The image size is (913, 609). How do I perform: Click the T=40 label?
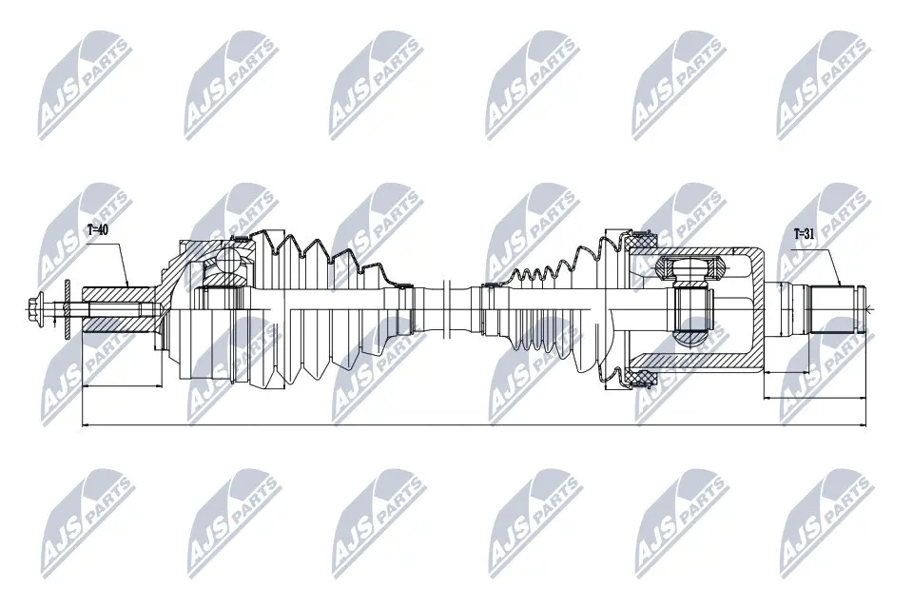pyautogui.click(x=97, y=229)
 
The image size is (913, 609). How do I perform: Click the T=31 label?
pyautogui.click(x=805, y=235)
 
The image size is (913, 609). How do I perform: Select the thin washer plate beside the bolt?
pyautogui.click(x=67, y=309)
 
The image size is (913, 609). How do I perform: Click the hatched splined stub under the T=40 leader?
pyautogui.click(x=120, y=309)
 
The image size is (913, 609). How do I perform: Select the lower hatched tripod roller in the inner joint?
pyautogui.click(x=690, y=338)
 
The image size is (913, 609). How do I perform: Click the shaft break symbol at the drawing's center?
pyautogui.click(x=447, y=309)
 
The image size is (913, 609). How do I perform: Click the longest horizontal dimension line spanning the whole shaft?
pyautogui.click(x=474, y=424)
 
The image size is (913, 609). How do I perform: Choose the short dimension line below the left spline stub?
pyautogui.click(x=122, y=385)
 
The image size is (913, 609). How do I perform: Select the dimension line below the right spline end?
pyautogui.click(x=815, y=398)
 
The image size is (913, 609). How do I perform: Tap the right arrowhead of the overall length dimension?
pyautogui.click(x=863, y=424)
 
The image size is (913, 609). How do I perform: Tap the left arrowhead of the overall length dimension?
pyautogui.click(x=87, y=424)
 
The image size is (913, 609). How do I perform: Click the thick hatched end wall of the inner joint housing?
pyautogui.click(x=756, y=309)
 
